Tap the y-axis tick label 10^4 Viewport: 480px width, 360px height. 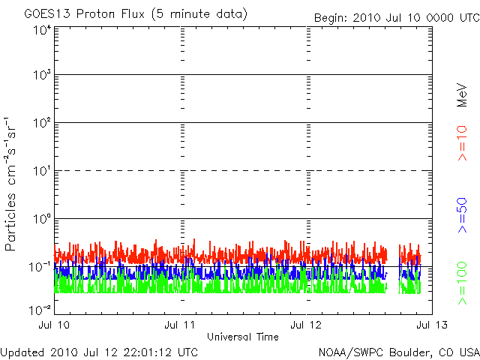[41, 30]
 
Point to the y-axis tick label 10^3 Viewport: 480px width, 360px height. [41, 75]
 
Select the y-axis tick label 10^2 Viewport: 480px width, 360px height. [41, 122]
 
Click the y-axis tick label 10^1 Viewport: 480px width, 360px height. [41, 170]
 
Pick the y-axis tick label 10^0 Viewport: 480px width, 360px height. [41, 218]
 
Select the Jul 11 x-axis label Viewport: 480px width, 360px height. [181, 325]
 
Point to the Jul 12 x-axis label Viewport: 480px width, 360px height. [307, 325]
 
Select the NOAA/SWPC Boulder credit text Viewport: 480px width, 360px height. [398, 352]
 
